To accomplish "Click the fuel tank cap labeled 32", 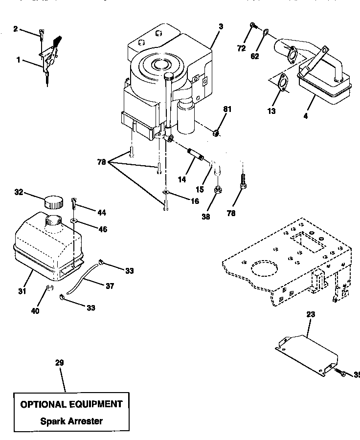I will [x=53, y=201].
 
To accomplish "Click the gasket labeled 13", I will [x=282, y=84].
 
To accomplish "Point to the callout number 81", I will [x=225, y=110].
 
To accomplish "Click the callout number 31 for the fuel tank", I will [x=22, y=292].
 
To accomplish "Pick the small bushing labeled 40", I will [x=49, y=287].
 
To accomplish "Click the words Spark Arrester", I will [x=71, y=421].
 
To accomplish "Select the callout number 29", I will [x=59, y=363].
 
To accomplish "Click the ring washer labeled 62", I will [x=265, y=33].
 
